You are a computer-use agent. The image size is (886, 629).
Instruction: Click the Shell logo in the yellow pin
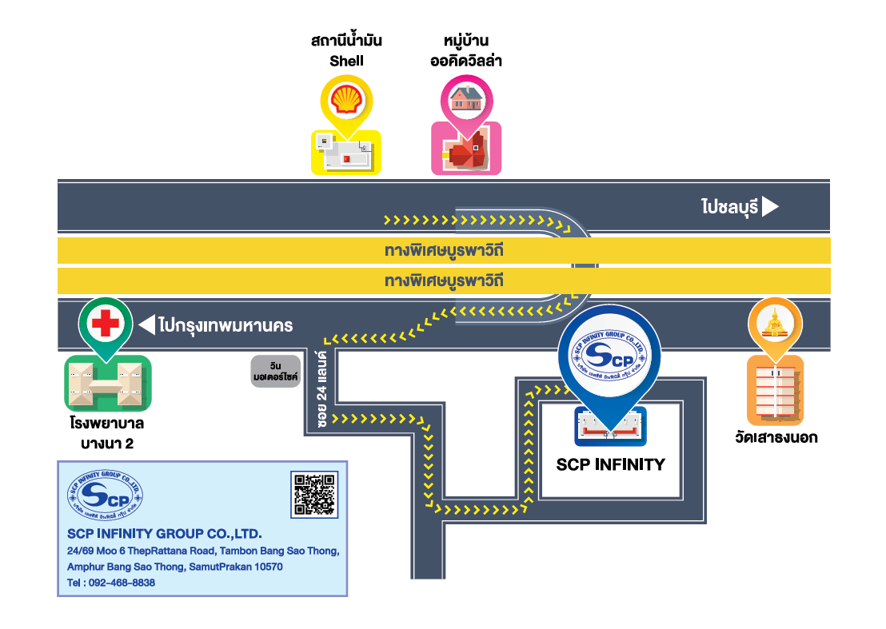click(346, 100)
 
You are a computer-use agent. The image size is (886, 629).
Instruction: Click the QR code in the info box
click(313, 493)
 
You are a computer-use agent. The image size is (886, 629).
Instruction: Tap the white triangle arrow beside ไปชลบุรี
click(770, 208)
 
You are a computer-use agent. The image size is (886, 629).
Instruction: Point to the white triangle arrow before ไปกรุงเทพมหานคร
click(146, 325)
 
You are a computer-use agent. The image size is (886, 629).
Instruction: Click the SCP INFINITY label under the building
click(610, 464)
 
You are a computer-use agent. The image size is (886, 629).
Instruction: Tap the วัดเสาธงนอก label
click(776, 437)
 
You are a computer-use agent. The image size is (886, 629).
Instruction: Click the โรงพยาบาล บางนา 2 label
click(106, 432)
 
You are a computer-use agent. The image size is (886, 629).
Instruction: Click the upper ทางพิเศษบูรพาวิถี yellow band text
click(444, 250)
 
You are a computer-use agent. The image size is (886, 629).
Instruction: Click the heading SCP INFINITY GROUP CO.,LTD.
click(164, 533)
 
